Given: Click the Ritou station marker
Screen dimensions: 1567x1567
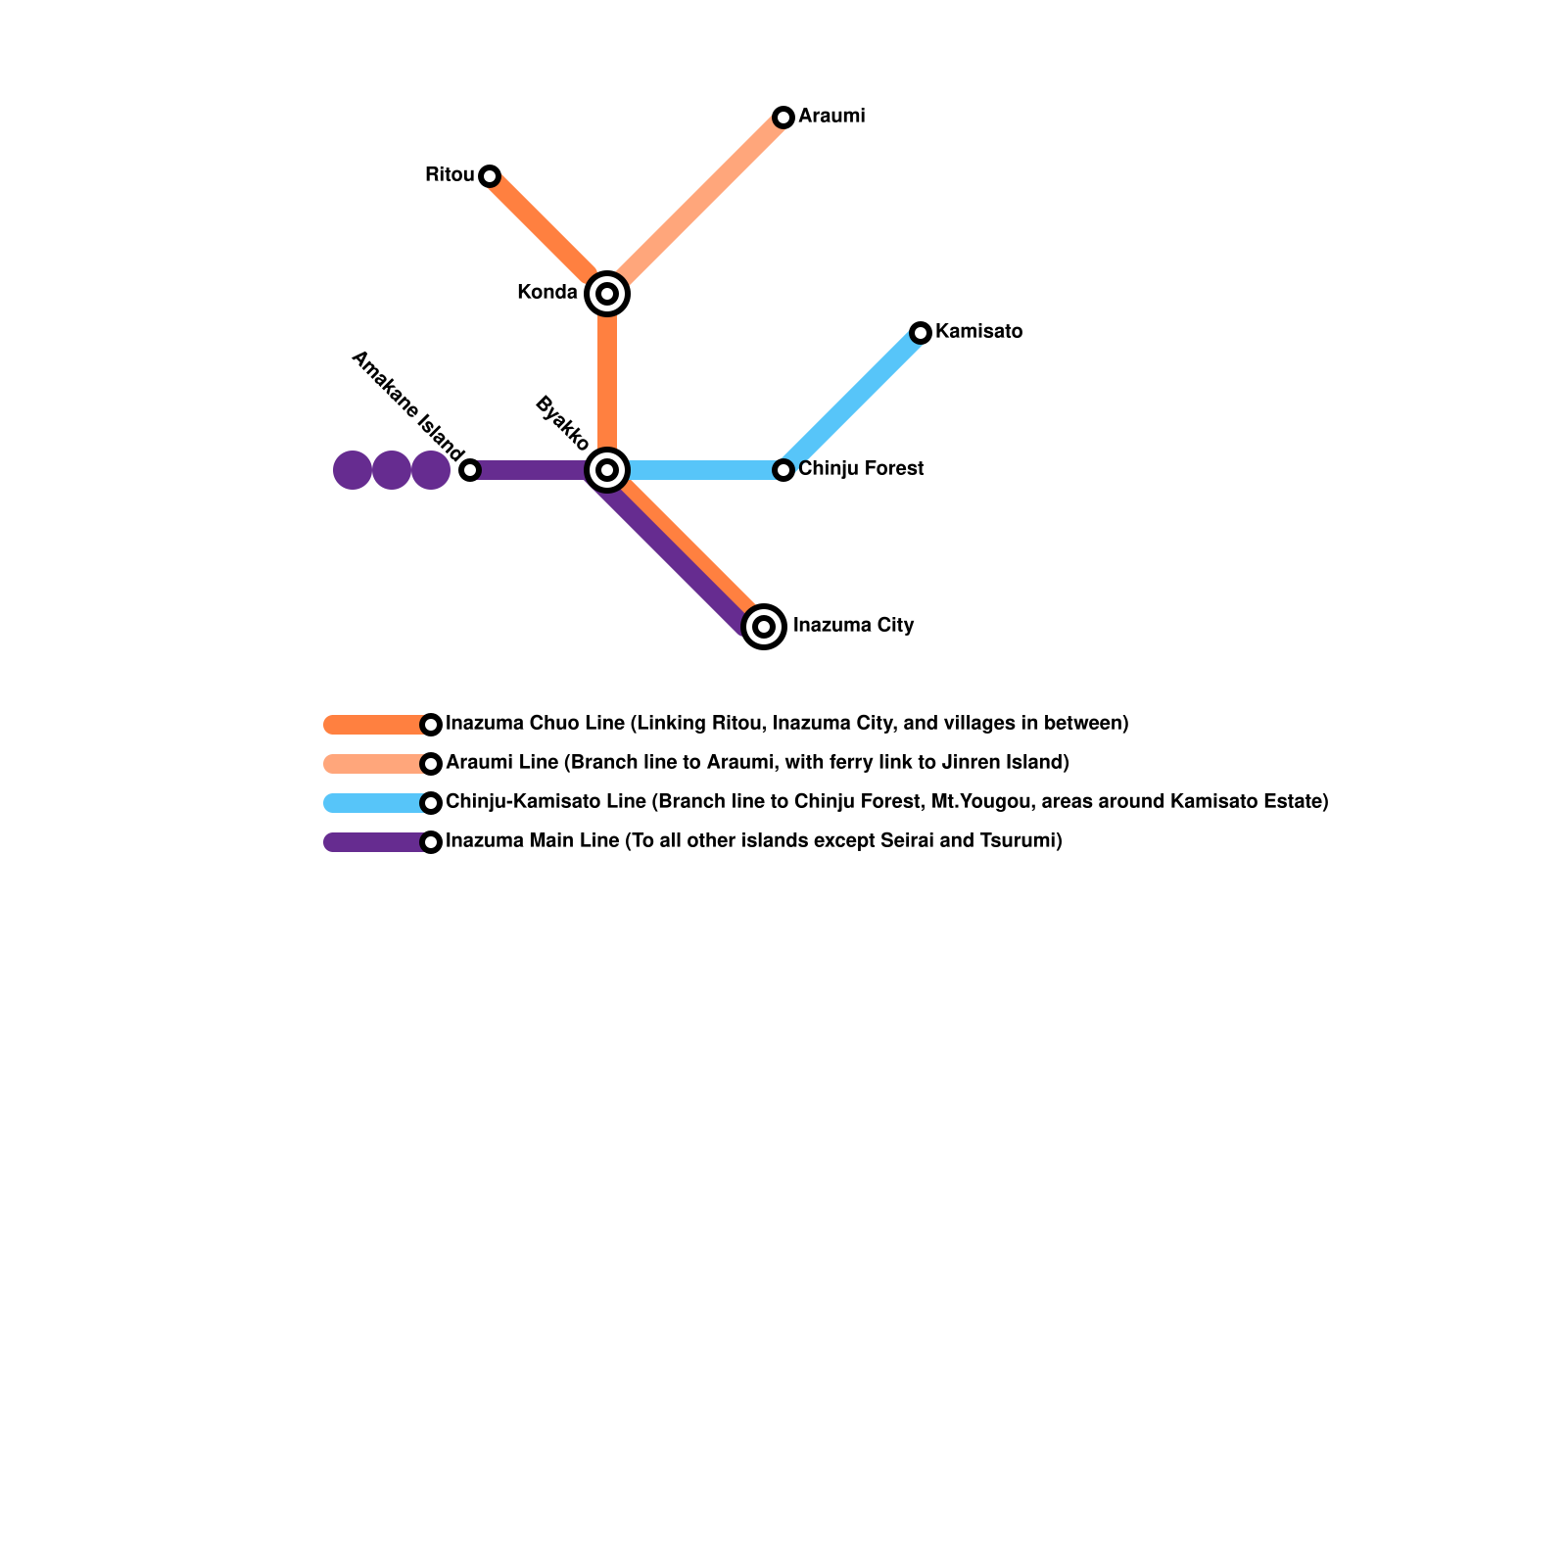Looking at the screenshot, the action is [x=490, y=176].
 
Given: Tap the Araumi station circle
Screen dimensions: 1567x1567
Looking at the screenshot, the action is [x=783, y=118].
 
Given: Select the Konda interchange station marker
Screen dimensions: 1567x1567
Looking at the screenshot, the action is [x=607, y=293].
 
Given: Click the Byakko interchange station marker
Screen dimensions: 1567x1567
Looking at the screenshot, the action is [x=607, y=470].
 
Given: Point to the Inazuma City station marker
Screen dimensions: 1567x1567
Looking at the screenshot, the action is [x=764, y=627].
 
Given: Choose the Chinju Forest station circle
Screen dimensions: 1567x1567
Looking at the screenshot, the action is [x=783, y=470].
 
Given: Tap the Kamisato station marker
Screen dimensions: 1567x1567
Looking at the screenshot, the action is [x=921, y=333].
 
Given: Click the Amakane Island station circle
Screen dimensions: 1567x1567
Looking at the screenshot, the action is [x=470, y=470].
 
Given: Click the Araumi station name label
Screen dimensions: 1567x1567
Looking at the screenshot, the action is [x=831, y=117].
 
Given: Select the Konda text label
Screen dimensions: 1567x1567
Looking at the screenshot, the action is [x=547, y=292].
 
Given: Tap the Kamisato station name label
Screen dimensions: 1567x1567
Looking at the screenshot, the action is [x=978, y=331].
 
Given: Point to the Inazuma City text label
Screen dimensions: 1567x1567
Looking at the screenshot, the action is [x=853, y=625].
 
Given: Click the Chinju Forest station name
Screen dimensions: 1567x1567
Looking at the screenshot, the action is [x=861, y=468].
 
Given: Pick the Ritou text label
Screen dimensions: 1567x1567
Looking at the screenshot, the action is [x=450, y=175].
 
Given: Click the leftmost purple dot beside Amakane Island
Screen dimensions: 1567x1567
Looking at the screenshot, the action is [x=353, y=470].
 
